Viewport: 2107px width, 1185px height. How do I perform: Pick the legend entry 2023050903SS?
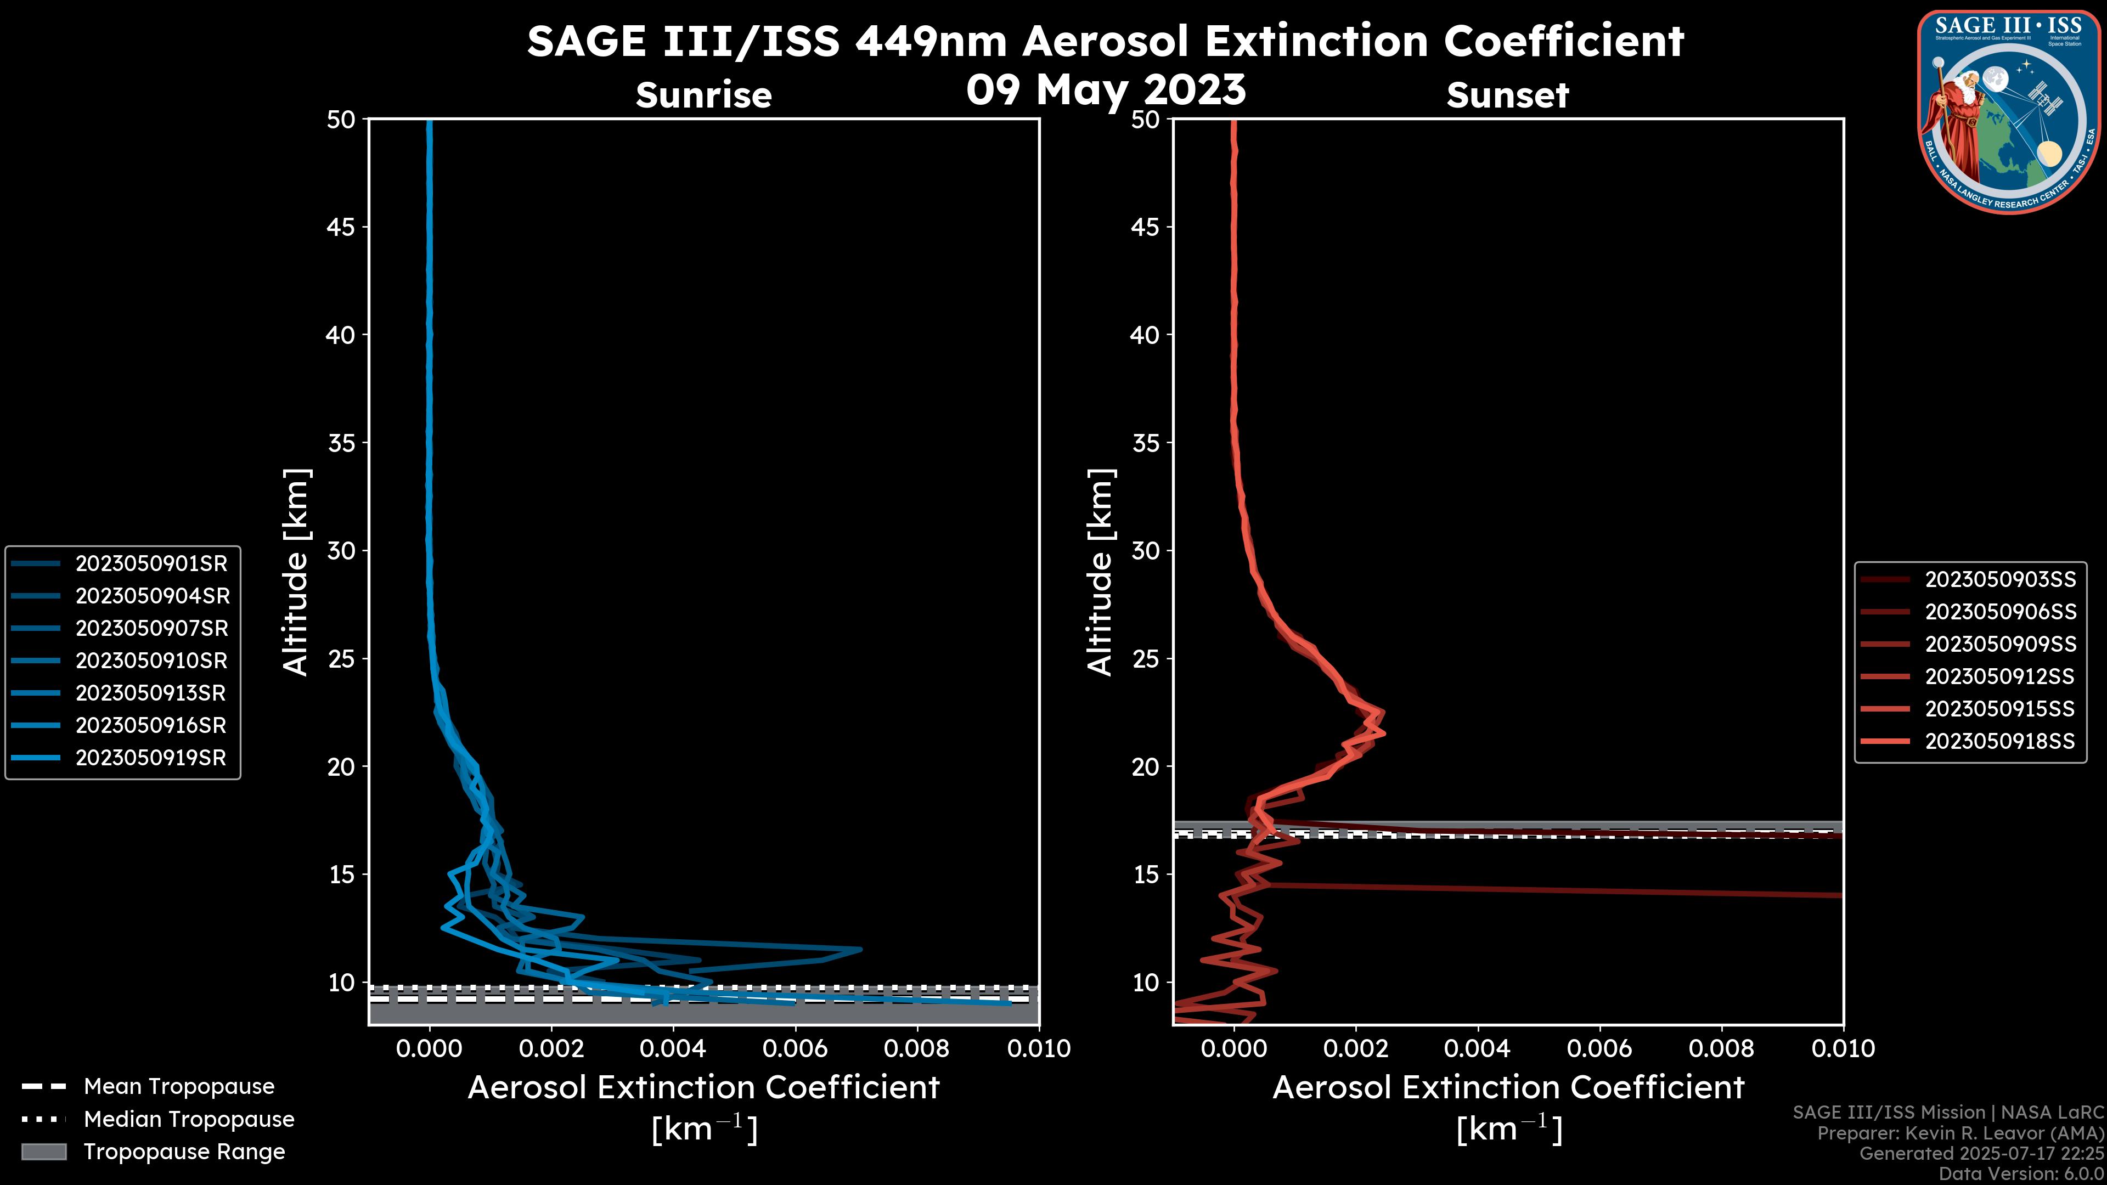pyautogui.click(x=2000, y=579)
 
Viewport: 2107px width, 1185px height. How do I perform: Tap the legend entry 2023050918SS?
pyautogui.click(x=2000, y=741)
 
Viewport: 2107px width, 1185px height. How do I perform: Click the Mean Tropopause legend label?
pyautogui.click(x=179, y=1086)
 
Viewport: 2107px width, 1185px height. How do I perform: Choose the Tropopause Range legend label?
pyautogui.click(x=184, y=1152)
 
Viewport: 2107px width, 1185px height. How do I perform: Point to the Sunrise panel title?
pyautogui.click(x=703, y=95)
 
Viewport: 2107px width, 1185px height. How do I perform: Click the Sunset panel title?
pyautogui.click(x=1507, y=95)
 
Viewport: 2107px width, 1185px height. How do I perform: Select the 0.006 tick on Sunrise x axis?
pyautogui.click(x=795, y=1048)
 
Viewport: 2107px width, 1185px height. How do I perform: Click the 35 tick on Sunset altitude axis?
pyautogui.click(x=1145, y=442)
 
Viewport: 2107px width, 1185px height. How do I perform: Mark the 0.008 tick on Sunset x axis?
pyautogui.click(x=1722, y=1048)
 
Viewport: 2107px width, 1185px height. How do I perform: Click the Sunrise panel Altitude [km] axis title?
pyautogui.click(x=296, y=572)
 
